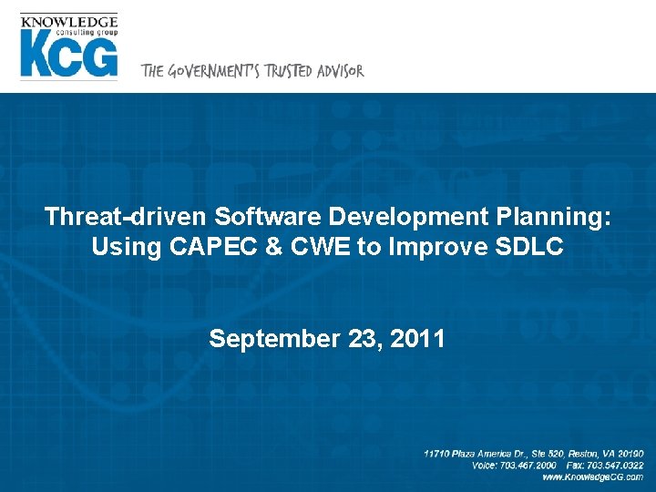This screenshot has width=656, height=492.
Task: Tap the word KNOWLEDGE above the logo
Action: [x=68, y=21]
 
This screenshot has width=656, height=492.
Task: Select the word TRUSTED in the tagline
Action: [x=289, y=71]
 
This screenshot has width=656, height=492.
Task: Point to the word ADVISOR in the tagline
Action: [x=340, y=71]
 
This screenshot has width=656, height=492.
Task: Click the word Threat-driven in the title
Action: [x=126, y=217]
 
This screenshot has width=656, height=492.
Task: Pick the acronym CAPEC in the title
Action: [x=197, y=246]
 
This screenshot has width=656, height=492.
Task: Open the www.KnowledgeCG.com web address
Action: [x=591, y=477]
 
